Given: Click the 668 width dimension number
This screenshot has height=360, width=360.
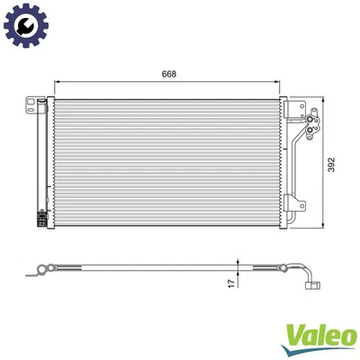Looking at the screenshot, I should [170, 76].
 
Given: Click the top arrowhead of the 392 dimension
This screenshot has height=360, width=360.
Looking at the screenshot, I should [323, 98].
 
